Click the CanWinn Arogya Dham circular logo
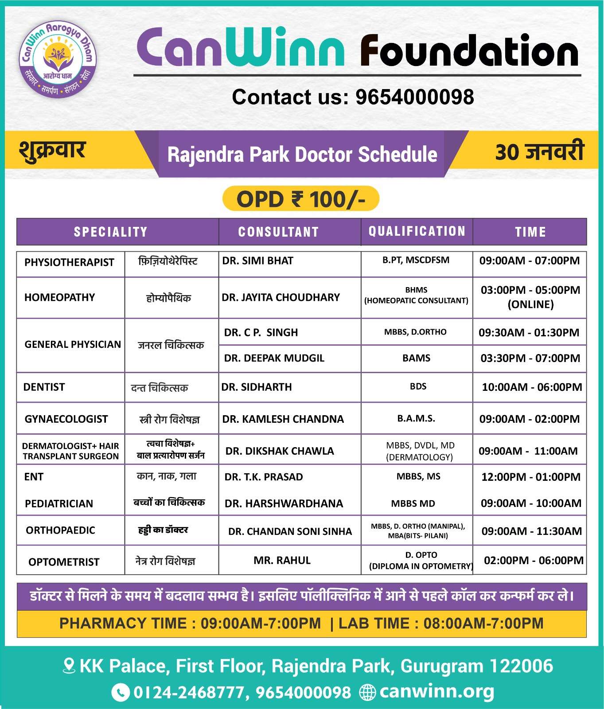58,58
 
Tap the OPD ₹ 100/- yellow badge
300,199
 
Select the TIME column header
530,232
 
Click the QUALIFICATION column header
417,231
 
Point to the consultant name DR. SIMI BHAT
257,261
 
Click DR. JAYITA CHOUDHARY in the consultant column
281,297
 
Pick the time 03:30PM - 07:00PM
530,358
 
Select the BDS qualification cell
418,386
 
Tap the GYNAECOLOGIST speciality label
66,419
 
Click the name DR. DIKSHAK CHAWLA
280,451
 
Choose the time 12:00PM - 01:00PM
530,477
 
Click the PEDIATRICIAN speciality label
59,503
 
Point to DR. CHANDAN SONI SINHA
290,531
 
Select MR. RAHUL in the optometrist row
282,561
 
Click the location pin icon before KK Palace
69,666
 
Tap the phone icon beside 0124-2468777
120,692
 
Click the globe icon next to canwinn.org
367,692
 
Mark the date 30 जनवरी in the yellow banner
539,152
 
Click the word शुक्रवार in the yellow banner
52,150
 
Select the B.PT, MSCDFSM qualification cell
416,260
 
